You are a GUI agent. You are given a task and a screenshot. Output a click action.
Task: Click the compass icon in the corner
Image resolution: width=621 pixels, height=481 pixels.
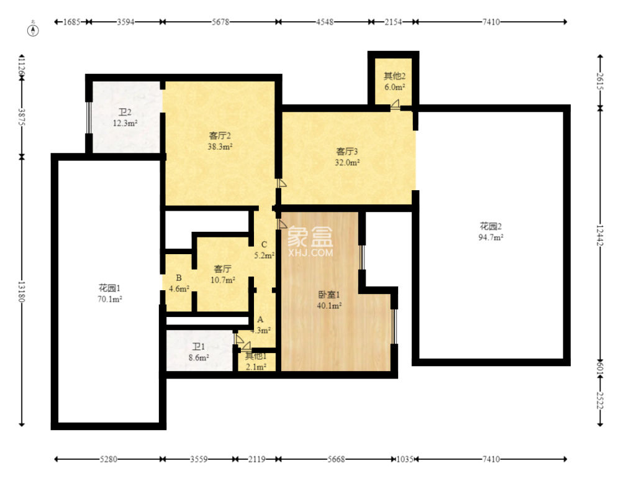pos(33,30)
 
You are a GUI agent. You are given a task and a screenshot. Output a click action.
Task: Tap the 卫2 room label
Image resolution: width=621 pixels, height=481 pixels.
pos(125,112)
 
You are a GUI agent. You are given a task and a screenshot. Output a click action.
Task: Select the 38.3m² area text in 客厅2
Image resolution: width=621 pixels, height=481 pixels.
pos(220,147)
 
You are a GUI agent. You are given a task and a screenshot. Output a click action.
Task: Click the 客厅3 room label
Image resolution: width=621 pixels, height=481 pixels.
pos(347,152)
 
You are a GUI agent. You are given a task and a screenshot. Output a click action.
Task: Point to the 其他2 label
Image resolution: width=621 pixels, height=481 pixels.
pos(394,76)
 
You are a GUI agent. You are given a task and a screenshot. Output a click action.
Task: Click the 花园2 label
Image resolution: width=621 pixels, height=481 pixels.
pos(491,226)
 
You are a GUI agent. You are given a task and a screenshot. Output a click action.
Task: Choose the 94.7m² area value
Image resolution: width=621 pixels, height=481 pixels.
pos(491,237)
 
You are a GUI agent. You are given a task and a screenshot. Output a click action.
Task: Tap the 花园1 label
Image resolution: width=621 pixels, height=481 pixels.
pos(109,288)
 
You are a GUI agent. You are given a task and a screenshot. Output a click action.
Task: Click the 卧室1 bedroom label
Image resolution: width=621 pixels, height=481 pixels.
pos(329,295)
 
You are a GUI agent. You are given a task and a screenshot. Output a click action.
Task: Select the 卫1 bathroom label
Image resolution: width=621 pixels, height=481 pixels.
pos(199,347)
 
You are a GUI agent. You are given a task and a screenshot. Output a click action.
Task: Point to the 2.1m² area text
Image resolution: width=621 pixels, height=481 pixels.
pos(256,367)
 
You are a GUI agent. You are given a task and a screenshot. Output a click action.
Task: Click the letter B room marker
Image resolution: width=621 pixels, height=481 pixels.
pos(179,278)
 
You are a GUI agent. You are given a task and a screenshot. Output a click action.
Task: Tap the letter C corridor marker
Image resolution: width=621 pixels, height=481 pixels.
pos(264,244)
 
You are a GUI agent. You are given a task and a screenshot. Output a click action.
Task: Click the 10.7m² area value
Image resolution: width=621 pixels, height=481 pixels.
pos(223,280)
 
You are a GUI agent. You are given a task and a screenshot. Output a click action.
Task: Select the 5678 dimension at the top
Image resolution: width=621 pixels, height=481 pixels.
pos(220,22)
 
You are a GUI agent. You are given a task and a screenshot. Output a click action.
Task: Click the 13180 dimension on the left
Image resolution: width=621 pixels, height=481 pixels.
pos(22,291)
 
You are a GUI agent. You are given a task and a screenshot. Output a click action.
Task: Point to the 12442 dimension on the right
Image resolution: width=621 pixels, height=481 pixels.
pos(600,236)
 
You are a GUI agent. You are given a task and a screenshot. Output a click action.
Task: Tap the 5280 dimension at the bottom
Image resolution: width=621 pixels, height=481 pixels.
pos(108,459)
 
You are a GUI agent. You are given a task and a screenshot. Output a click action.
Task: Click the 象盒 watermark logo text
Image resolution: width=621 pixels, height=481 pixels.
pos(310,236)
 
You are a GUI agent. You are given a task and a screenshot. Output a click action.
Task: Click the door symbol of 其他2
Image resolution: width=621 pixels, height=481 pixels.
pos(395,104)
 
